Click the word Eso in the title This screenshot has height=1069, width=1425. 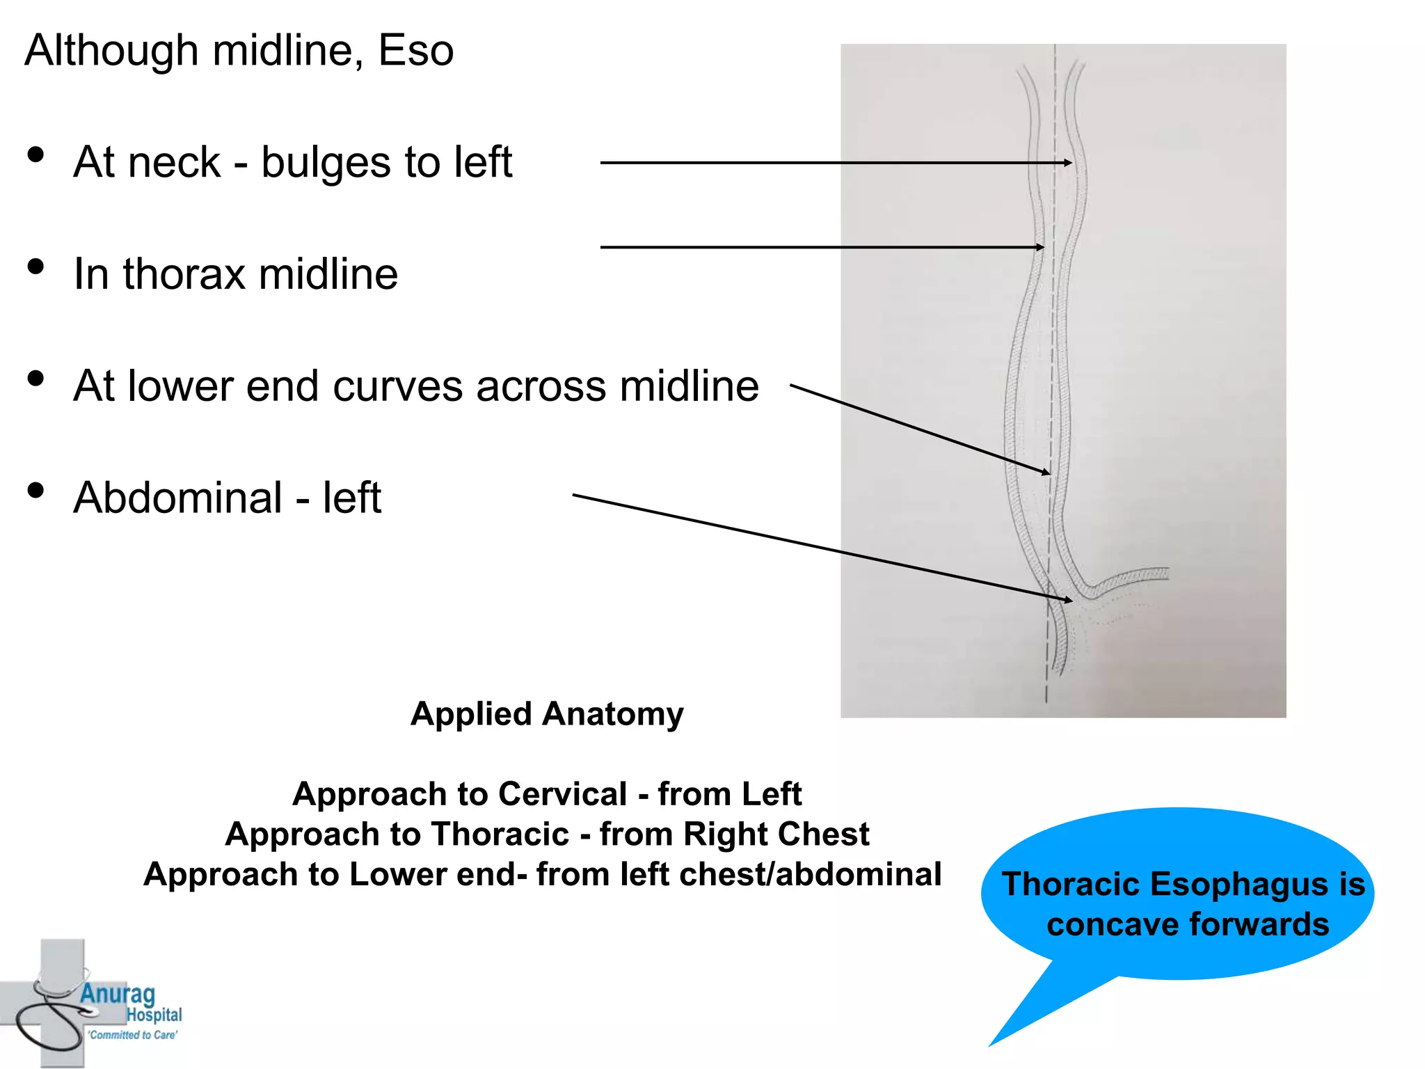(x=415, y=51)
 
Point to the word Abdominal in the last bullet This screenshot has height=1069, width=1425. (x=178, y=498)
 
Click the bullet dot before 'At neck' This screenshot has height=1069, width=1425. (x=36, y=155)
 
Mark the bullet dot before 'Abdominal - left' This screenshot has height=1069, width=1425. (x=36, y=490)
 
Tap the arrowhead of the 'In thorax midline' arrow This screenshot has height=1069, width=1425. (x=1040, y=247)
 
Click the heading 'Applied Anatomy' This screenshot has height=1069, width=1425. (x=547, y=714)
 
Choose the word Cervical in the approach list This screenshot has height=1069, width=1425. (x=563, y=794)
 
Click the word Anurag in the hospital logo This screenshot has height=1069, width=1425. (x=118, y=994)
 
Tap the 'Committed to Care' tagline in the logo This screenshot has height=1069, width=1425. (x=132, y=1035)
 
